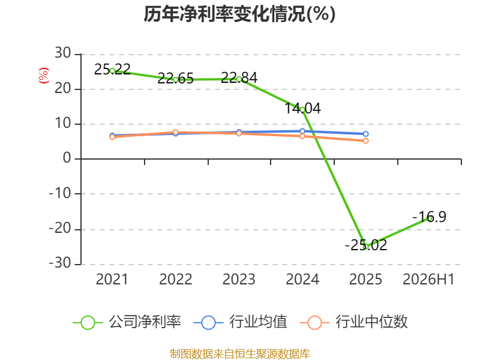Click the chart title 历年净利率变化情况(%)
tap(239, 14)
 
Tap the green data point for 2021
tap(112, 71)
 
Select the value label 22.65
tap(175, 79)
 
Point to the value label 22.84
tap(239, 77)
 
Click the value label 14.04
tap(302, 108)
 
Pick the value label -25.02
tap(366, 245)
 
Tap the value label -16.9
tap(429, 217)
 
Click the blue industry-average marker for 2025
tap(365, 134)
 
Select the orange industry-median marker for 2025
tap(365, 141)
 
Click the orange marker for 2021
tap(112, 137)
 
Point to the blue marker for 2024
tap(302, 131)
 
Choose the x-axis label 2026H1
tap(428, 279)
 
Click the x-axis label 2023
tap(239, 279)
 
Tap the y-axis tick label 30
tap(63, 53)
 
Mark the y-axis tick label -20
tap(60, 228)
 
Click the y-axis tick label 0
tap(67, 158)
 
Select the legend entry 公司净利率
tap(127, 322)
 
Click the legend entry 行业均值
tap(241, 322)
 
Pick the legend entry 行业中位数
tap(353, 322)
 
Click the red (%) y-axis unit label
tap(43, 76)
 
